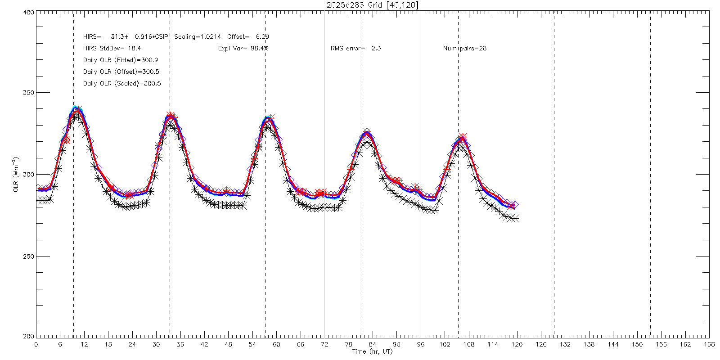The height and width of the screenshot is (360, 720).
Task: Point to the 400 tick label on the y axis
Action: (x=28, y=13)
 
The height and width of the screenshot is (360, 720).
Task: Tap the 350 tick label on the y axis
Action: (x=28, y=93)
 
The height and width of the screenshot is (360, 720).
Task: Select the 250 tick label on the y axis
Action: (x=28, y=256)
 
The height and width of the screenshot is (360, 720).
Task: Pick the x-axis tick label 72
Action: (x=324, y=345)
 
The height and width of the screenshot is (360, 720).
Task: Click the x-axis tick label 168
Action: (x=709, y=345)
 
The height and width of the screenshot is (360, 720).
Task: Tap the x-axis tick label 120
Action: (x=517, y=345)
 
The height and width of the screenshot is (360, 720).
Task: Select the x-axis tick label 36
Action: (x=180, y=345)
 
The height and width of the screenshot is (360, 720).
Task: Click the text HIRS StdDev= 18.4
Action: (x=112, y=48)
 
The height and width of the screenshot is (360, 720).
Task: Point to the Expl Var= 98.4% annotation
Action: (x=243, y=48)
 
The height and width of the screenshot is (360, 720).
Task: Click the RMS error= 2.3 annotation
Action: (x=355, y=48)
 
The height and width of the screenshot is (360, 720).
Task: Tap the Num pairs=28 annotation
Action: (x=464, y=48)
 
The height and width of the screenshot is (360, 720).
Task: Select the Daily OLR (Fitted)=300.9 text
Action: (x=121, y=60)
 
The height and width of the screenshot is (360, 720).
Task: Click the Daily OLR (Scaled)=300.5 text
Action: (x=122, y=83)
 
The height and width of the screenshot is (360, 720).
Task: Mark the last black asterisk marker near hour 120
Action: (x=516, y=218)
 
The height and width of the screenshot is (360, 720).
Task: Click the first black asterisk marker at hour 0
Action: (x=38, y=200)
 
